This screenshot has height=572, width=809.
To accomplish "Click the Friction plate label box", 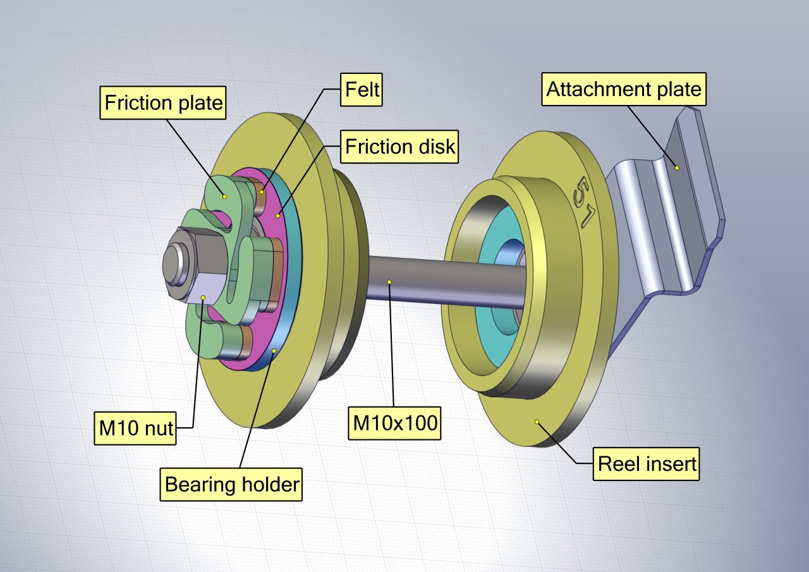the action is coord(163,102).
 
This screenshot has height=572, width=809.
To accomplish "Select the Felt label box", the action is coord(362,90).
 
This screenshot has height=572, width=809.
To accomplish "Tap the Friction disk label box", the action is coord(399,147).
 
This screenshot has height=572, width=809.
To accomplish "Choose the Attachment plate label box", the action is coord(624,89).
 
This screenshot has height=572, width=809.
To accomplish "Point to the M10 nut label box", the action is coord(135,429).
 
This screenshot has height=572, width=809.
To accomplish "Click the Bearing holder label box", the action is coord(231,484).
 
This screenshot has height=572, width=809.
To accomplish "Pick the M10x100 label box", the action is coord(394,423).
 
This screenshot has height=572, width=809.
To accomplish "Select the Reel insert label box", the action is coord(647,464).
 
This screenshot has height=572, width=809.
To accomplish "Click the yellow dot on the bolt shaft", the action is coord(389,282).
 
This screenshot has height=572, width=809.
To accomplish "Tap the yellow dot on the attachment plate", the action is coord(677,168).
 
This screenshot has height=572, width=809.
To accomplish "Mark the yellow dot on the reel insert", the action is coord(537,422).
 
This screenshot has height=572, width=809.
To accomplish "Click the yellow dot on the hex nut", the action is coord(204,298).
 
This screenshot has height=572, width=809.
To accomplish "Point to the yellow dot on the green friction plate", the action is coord(224,197).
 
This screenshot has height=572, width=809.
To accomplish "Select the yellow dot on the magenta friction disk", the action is coord(277,216).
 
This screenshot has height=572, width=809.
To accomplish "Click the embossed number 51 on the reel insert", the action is coord(583,202).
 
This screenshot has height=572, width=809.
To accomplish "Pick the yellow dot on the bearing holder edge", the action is coord(274,351).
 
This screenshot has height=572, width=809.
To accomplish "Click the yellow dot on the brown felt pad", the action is coord(262,193).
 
